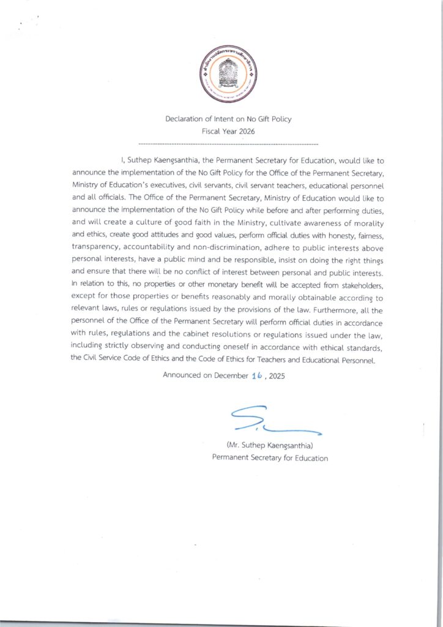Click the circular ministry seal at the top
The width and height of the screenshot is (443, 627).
pos(228,74)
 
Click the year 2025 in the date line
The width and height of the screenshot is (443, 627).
pos(276,375)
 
